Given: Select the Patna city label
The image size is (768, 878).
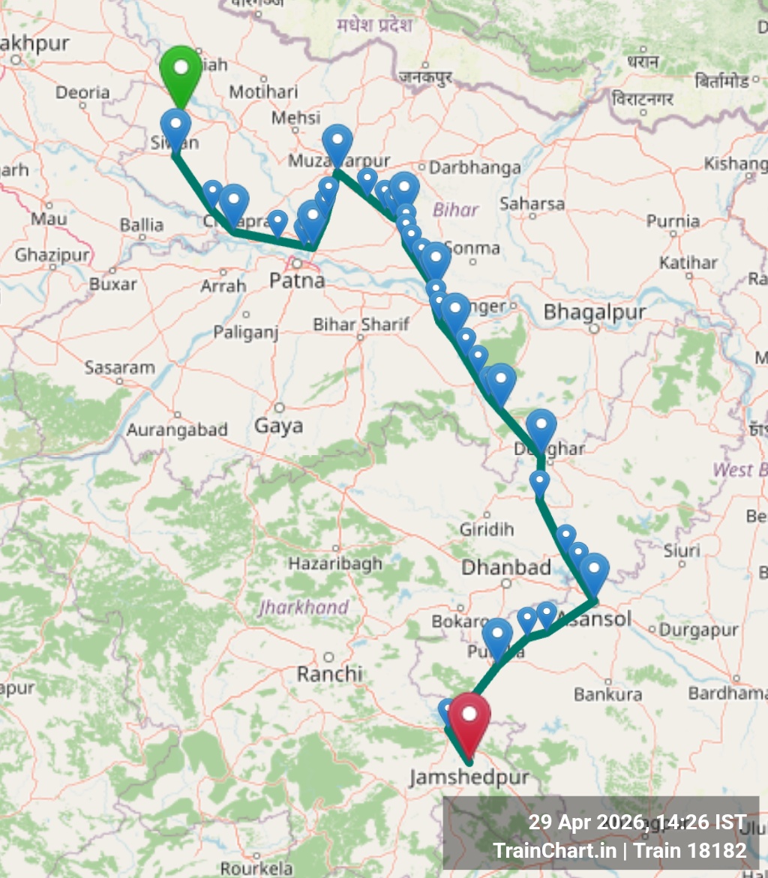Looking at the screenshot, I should click(x=298, y=280).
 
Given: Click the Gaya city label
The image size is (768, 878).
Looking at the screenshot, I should click(x=279, y=425).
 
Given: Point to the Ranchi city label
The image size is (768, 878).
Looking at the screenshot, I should click(x=329, y=673).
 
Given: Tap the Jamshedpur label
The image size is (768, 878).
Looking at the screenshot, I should click(x=469, y=777).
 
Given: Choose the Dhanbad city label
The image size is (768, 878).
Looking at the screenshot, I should click(x=506, y=567).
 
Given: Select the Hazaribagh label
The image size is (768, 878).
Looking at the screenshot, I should click(x=335, y=563).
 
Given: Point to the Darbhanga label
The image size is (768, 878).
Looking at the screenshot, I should click(x=475, y=167).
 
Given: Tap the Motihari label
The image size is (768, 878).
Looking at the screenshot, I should click(x=263, y=91).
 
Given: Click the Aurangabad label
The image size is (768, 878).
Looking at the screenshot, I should click(x=177, y=430).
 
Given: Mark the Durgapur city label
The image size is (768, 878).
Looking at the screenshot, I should click(x=699, y=631).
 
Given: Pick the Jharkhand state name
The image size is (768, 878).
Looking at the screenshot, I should click(x=304, y=607).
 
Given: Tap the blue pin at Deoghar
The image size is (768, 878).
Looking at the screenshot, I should click(x=541, y=427).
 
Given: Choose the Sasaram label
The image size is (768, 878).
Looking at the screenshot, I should click(x=120, y=368).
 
